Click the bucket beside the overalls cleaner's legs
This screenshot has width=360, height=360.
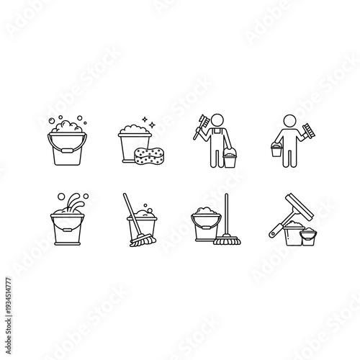coord(230,159)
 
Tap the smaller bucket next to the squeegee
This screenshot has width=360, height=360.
coord(307,237)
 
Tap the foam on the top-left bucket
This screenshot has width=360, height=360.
coord(66,129)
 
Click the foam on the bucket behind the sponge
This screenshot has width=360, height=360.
coord(130,131)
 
